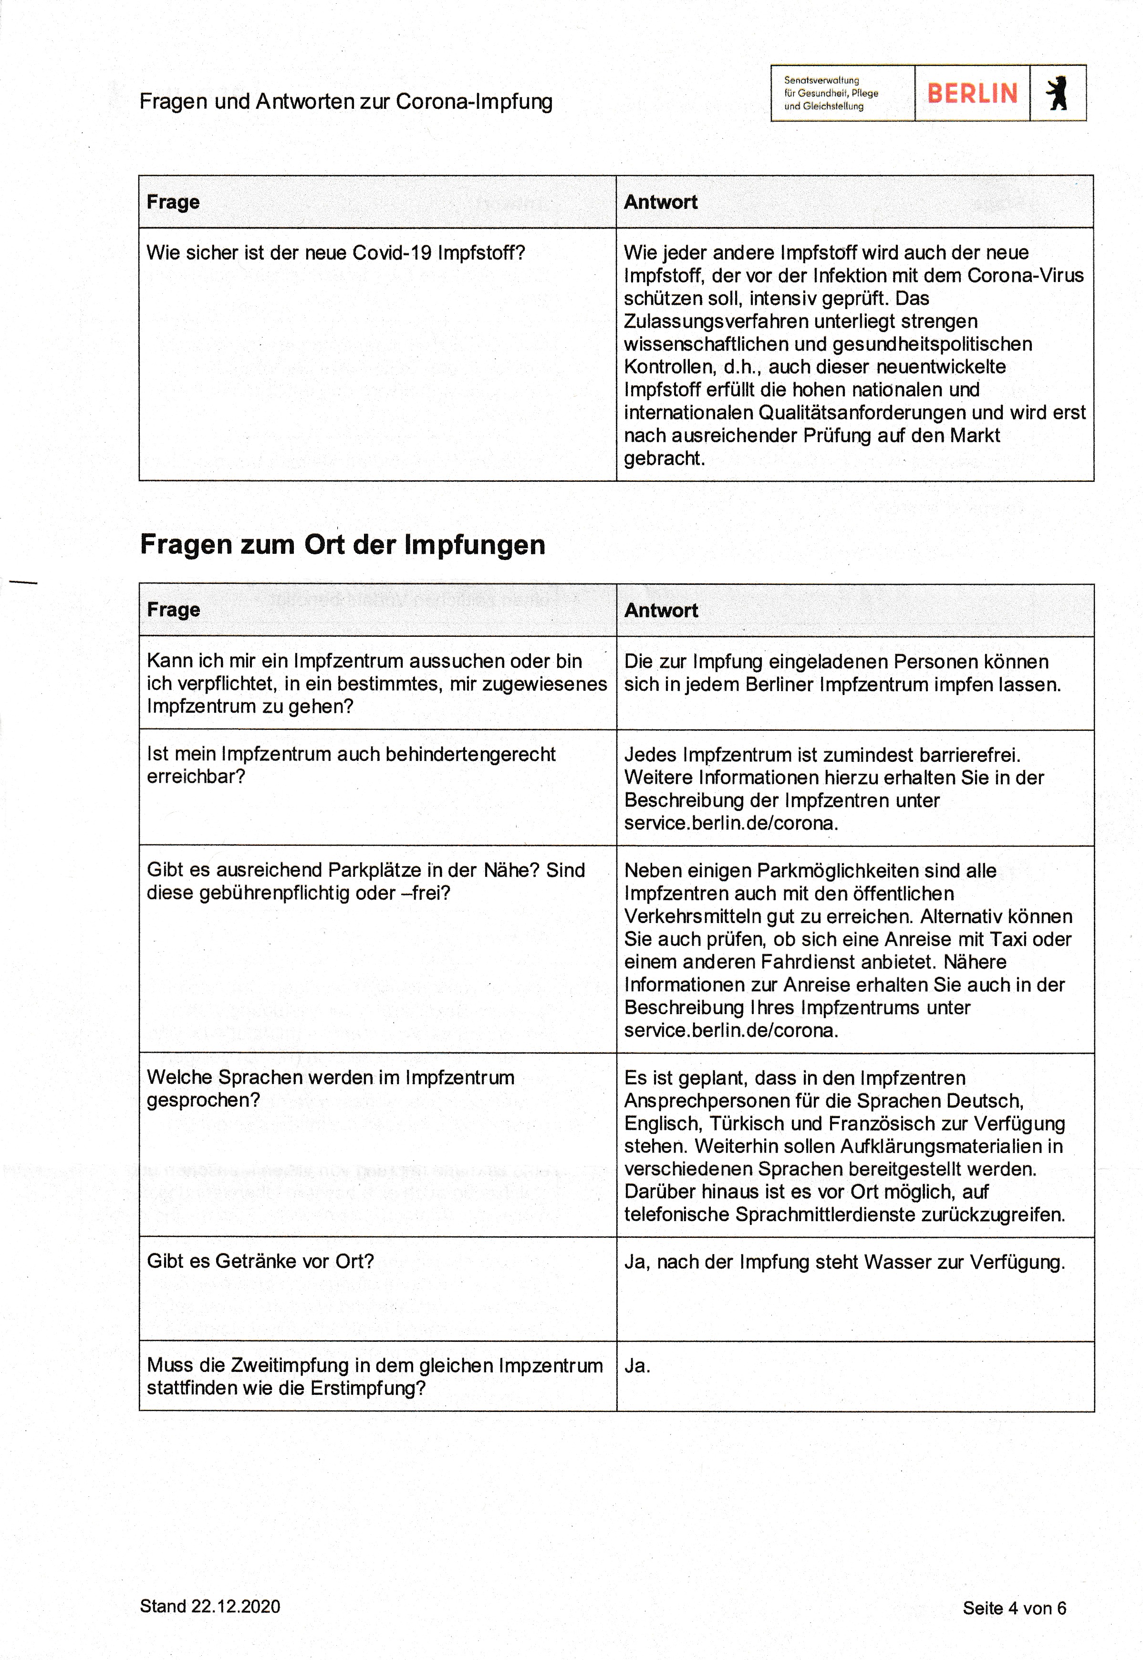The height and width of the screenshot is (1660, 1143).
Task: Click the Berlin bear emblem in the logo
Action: [x=1057, y=93]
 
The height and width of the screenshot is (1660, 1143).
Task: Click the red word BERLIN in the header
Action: [x=972, y=93]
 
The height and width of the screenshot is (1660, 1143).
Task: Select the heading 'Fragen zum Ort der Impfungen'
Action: [x=343, y=544]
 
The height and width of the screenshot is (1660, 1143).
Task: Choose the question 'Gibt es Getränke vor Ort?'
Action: [x=260, y=1261]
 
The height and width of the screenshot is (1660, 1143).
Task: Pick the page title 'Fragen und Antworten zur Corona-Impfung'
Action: [x=346, y=102]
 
